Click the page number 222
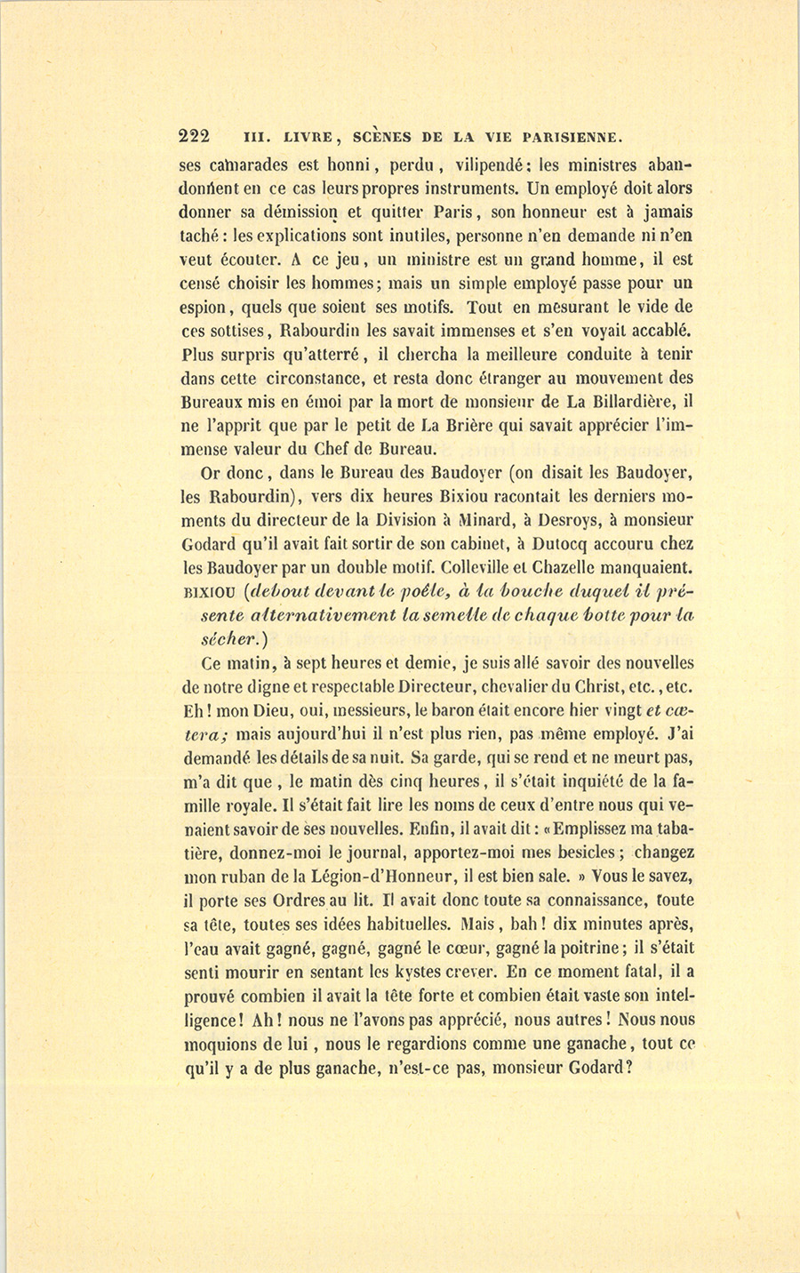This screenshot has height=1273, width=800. pyautogui.click(x=194, y=136)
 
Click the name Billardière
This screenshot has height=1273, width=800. pyautogui.click(x=636, y=400)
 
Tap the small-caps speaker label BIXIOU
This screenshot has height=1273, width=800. pyautogui.click(x=207, y=592)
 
